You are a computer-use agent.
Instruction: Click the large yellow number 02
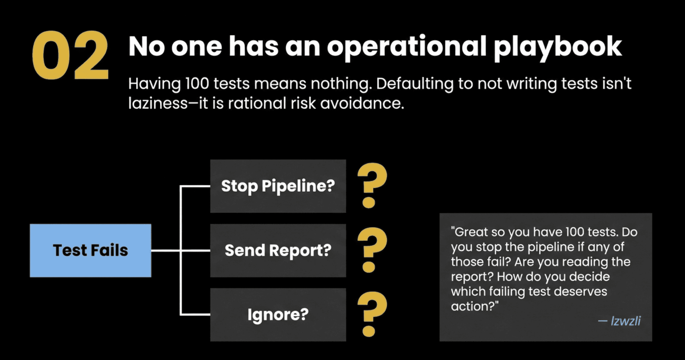[70, 55]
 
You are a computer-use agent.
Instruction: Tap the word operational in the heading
[407, 47]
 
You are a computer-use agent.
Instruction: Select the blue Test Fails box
[90, 250]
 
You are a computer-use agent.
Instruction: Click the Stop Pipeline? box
[278, 186]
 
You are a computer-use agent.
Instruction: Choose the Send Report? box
[278, 250]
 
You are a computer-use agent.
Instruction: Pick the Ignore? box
[278, 315]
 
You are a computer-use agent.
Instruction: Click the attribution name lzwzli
[626, 321]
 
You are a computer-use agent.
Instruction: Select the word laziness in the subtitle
[158, 103]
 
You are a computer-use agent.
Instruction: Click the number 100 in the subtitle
[197, 84]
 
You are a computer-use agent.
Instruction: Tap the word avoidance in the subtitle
[362, 103]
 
